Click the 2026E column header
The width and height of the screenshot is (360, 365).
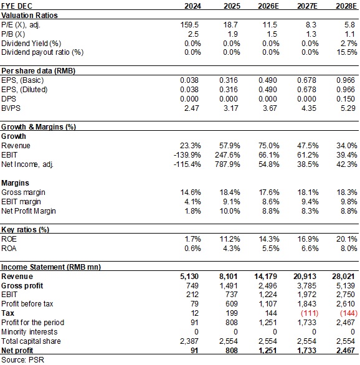click(x=268, y=6)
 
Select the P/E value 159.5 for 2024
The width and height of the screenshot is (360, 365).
click(x=190, y=25)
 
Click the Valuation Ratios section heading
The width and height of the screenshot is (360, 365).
click(x=29, y=16)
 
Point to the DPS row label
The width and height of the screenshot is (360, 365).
click(x=9, y=98)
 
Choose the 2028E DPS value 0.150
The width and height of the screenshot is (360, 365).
click(x=346, y=98)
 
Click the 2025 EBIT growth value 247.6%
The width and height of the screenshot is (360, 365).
click(x=227, y=155)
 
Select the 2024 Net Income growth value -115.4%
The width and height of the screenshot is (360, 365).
click(x=187, y=164)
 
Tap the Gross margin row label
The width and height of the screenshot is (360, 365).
click(x=23, y=192)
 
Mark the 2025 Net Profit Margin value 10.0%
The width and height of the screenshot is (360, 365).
click(x=230, y=211)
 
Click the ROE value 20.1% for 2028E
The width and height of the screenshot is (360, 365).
click(x=346, y=239)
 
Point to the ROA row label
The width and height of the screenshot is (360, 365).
click(x=9, y=249)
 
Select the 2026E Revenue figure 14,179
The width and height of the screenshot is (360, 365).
click(x=265, y=277)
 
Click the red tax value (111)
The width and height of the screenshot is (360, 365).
click(x=310, y=313)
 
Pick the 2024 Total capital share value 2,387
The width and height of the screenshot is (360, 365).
click(x=189, y=341)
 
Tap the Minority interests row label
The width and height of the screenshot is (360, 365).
click(x=29, y=332)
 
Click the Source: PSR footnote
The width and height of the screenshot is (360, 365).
click(x=22, y=360)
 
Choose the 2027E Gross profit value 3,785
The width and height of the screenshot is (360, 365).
click(x=306, y=286)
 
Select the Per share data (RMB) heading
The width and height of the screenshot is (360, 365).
click(x=38, y=71)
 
